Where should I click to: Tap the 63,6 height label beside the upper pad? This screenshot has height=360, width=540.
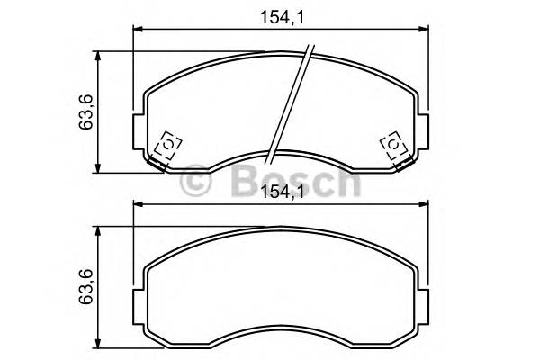[87, 112]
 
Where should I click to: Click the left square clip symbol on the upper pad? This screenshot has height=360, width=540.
[168, 146]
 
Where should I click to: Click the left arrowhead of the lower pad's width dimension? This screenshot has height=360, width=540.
[139, 204]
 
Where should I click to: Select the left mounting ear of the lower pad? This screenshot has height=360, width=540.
[140, 302]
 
